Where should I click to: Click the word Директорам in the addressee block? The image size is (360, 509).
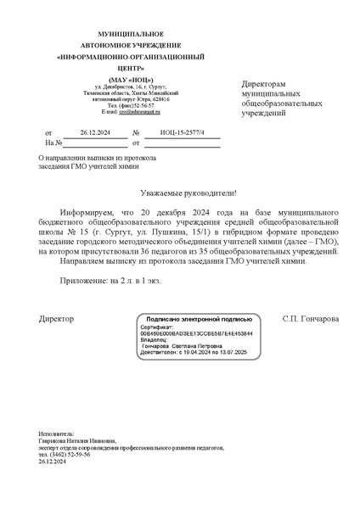[x=265, y=86]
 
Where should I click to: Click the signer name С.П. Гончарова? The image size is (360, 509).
[x=310, y=319]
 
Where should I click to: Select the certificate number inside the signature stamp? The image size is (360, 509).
[x=184, y=333]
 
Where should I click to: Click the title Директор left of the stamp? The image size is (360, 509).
[x=57, y=319]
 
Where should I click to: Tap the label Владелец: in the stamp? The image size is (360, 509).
[x=155, y=340]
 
